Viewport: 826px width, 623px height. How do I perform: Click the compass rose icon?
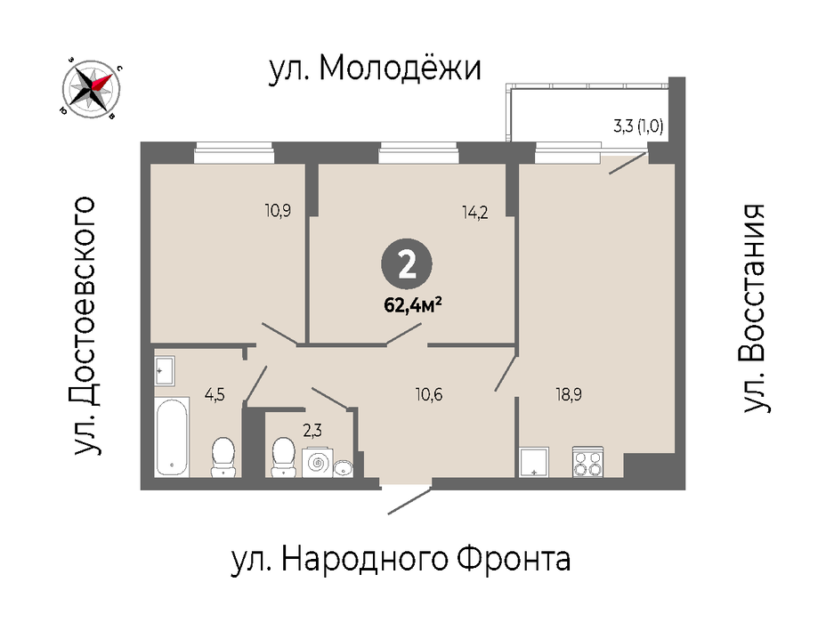(x=92, y=86)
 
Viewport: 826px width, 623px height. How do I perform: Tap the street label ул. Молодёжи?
(x=375, y=69)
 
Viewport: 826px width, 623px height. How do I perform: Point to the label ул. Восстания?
(x=754, y=308)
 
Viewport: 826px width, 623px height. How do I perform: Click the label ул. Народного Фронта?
(x=401, y=559)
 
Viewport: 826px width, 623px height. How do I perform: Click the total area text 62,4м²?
(x=412, y=305)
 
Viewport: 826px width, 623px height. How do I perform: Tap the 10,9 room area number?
(x=278, y=211)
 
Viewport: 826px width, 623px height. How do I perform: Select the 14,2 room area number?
(x=475, y=213)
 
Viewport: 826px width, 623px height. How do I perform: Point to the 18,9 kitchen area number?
(x=569, y=394)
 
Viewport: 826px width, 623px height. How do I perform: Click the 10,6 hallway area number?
(x=429, y=394)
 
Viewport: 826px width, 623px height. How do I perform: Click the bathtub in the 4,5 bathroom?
(x=172, y=437)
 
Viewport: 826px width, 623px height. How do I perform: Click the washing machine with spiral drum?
(x=318, y=463)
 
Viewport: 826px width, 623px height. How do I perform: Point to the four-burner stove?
(x=587, y=462)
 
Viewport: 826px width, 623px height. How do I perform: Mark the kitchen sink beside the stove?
(x=534, y=462)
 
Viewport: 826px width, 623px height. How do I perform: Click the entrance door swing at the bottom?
(x=409, y=501)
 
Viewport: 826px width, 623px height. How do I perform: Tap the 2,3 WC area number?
(x=312, y=432)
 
